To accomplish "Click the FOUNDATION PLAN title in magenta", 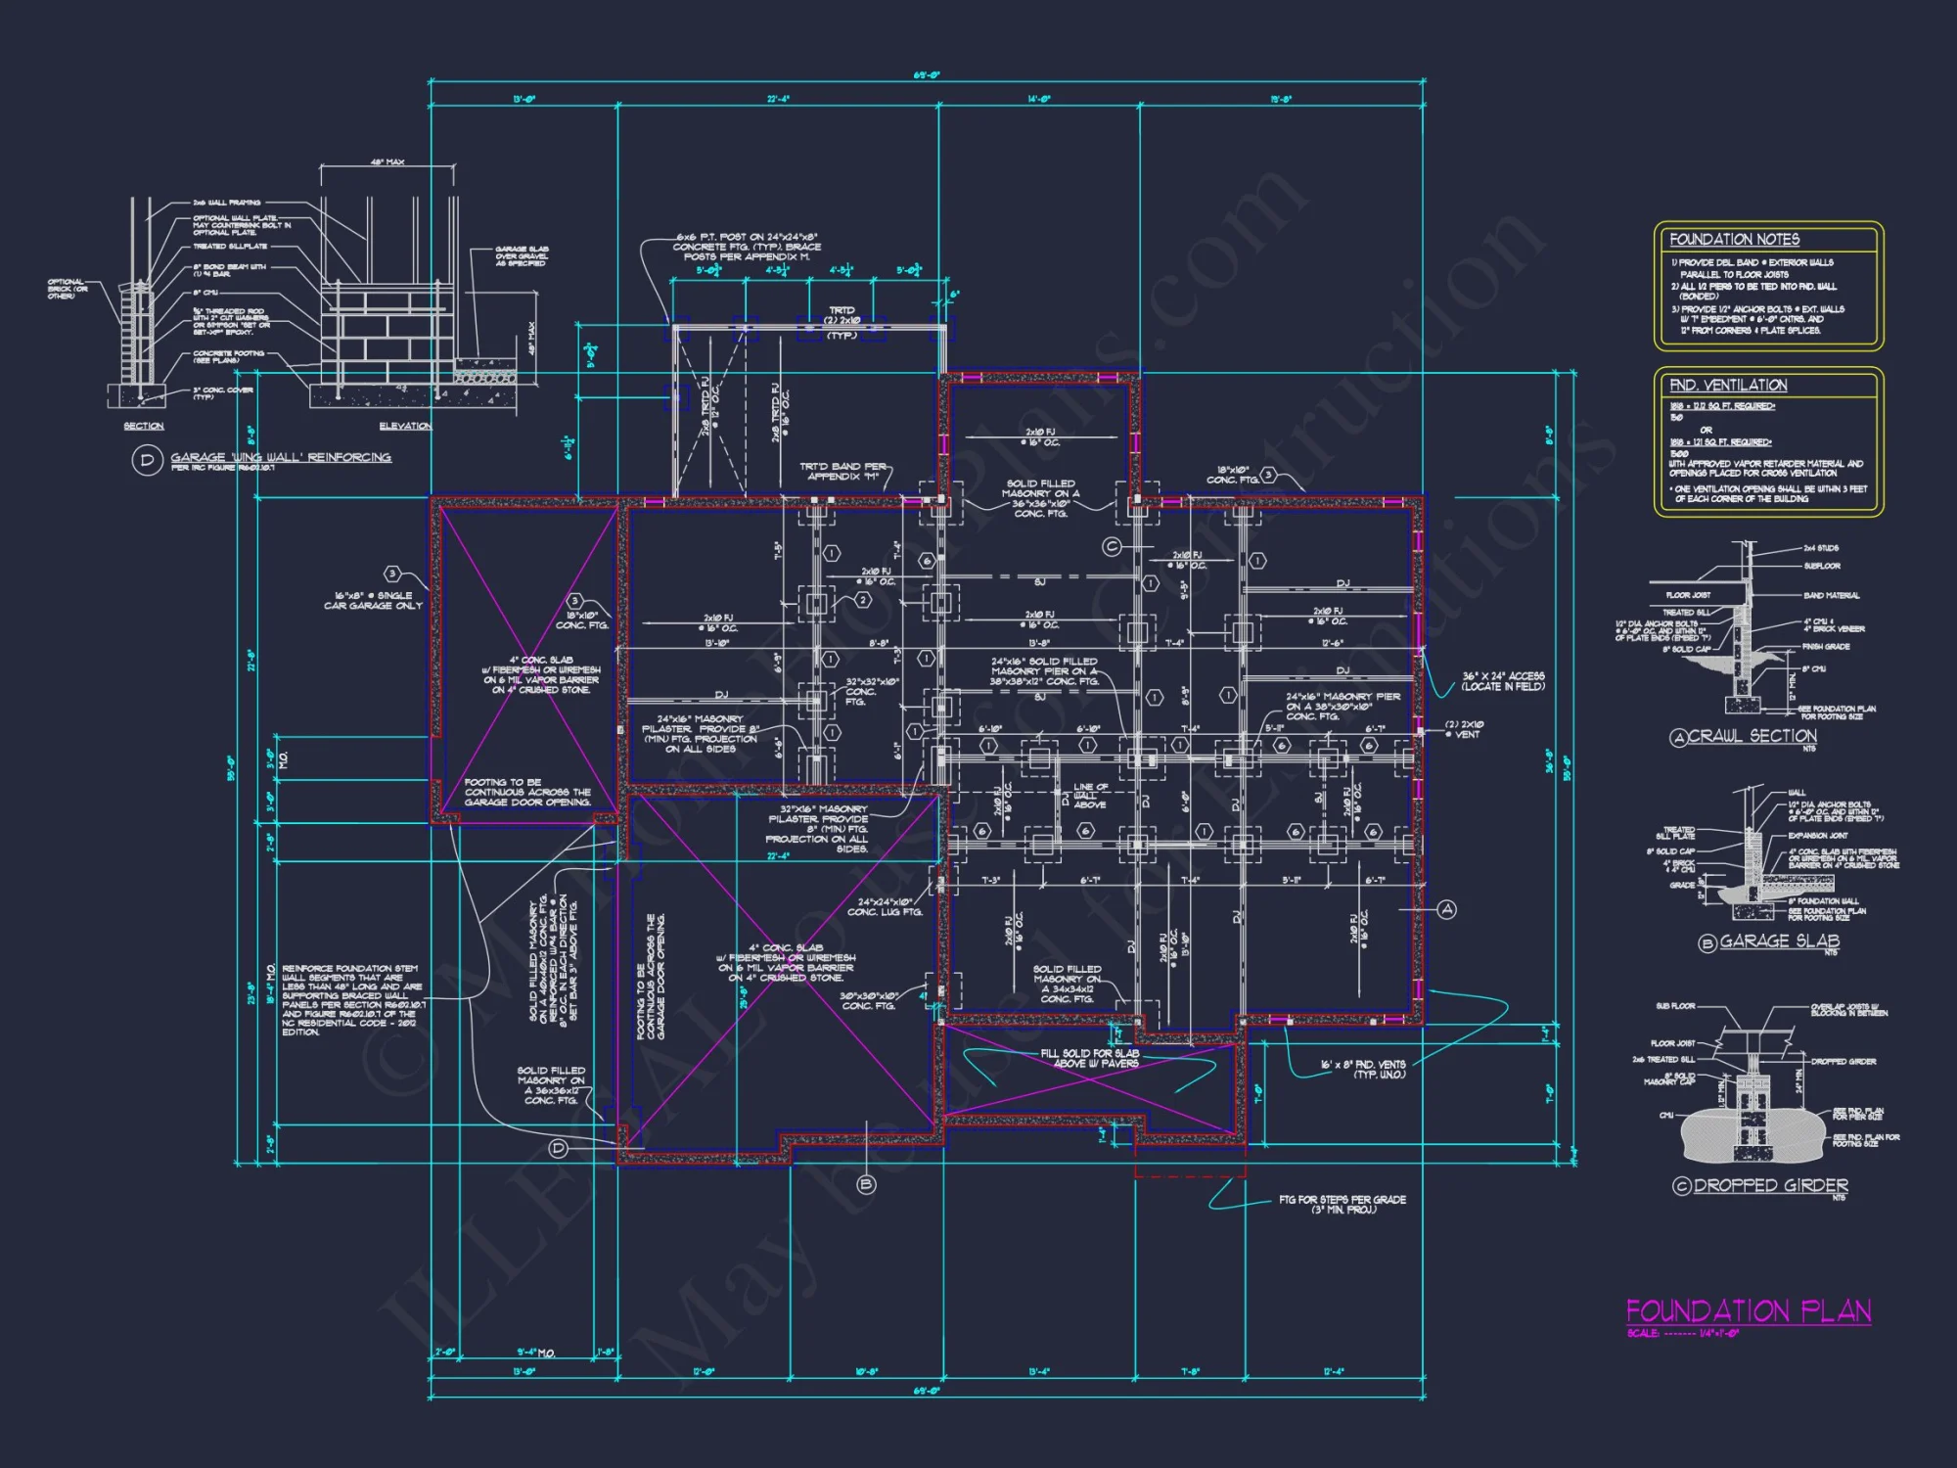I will (x=1748, y=1311).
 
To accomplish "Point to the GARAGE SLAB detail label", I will (x=1779, y=941).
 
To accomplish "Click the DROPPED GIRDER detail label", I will (x=1770, y=1185).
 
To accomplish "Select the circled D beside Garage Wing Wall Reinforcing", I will (x=147, y=460).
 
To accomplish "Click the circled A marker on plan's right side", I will (x=1447, y=910).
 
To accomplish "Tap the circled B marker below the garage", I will (x=866, y=1185).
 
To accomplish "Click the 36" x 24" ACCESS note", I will (x=1503, y=681).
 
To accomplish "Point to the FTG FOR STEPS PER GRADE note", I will (x=1342, y=1205).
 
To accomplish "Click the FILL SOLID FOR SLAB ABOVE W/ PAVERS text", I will (x=1089, y=1058).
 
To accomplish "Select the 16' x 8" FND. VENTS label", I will (x=1362, y=1069).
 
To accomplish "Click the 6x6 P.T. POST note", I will (x=747, y=247).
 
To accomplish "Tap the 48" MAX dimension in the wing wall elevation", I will (x=387, y=162).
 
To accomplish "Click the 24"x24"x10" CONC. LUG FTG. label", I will (x=885, y=907).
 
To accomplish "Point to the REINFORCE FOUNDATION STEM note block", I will (x=352, y=999).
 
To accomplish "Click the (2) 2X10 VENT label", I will (x=1465, y=729).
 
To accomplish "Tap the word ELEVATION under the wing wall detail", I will (x=405, y=426).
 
